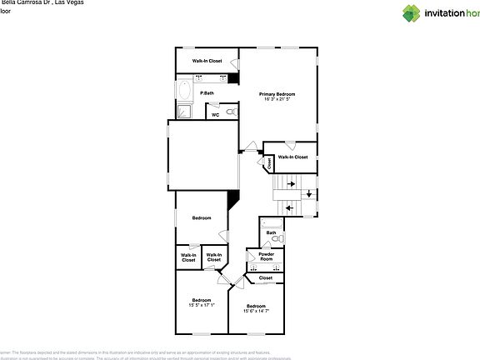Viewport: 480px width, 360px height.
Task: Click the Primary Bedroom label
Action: click(x=277, y=94)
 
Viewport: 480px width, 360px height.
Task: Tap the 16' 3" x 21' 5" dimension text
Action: click(x=277, y=100)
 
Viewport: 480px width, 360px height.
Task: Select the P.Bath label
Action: click(x=207, y=92)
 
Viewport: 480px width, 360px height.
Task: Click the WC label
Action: click(x=214, y=115)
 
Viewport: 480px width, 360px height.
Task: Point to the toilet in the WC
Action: click(x=231, y=112)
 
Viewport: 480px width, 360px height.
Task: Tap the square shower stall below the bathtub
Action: click(x=184, y=112)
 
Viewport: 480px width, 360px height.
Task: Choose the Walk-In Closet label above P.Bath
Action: click(x=207, y=61)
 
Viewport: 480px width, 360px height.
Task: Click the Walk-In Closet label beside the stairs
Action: click(x=292, y=157)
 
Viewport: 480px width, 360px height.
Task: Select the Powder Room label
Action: click(x=266, y=257)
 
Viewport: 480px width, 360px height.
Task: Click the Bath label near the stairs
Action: click(x=271, y=232)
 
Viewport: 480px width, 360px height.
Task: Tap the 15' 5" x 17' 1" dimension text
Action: click(x=202, y=305)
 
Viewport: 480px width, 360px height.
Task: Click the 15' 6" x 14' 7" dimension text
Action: click(x=255, y=311)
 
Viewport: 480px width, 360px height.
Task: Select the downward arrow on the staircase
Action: click(x=309, y=195)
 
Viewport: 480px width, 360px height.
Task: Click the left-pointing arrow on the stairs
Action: click(x=290, y=207)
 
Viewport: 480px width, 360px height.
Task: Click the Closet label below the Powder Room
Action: click(x=265, y=277)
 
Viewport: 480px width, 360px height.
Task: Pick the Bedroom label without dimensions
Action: click(x=202, y=218)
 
